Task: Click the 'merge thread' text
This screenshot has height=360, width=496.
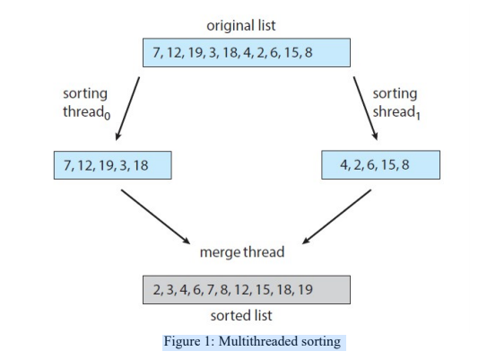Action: tap(246, 251)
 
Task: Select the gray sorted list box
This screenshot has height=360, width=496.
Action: tap(246, 290)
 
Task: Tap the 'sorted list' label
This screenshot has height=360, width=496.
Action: tap(246, 316)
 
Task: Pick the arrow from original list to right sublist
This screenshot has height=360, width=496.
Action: tap(365, 104)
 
